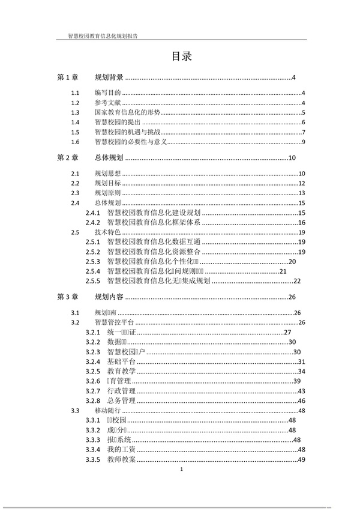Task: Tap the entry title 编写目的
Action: (108, 93)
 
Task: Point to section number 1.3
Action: (75, 112)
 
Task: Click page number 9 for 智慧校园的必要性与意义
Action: (304, 142)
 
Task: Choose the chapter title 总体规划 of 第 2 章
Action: (109, 158)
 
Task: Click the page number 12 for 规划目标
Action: (302, 183)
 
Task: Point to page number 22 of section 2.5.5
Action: (296, 280)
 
